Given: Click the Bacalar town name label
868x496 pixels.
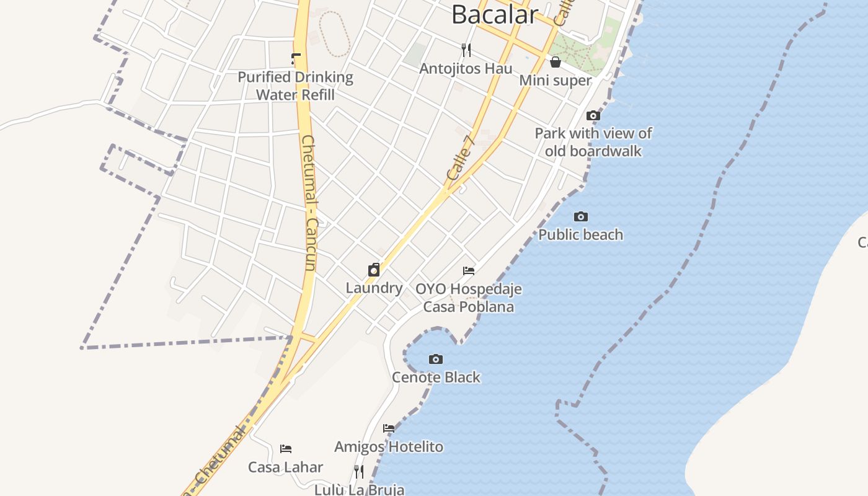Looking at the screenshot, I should click(x=494, y=14).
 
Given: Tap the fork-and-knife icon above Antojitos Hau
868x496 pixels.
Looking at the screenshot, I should click(x=466, y=50).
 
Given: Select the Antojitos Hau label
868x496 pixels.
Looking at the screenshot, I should click(x=466, y=68).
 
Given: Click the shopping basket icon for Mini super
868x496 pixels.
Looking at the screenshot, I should click(x=556, y=62).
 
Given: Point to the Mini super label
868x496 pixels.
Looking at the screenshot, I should click(x=555, y=80).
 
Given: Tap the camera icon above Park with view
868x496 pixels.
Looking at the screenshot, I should click(x=593, y=115).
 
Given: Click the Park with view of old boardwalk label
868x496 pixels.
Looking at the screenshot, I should click(x=593, y=142).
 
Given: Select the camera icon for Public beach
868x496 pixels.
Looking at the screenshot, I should click(x=581, y=216).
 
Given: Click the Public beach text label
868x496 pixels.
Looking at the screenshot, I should click(x=580, y=234).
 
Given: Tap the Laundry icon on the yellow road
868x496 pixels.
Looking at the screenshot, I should click(x=374, y=270).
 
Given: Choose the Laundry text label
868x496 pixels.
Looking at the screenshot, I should click(x=374, y=288).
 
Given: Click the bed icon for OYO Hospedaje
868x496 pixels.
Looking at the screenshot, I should click(x=469, y=271).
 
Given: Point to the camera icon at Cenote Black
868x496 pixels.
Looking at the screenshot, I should click(x=436, y=359).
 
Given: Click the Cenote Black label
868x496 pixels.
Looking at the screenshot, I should click(x=436, y=377).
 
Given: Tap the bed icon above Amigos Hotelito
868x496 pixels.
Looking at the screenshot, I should click(x=389, y=428).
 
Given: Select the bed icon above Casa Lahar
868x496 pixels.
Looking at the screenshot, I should click(x=286, y=448).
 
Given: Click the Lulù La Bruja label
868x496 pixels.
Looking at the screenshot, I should click(x=359, y=489).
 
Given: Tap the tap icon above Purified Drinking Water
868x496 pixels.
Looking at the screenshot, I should click(x=296, y=59).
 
